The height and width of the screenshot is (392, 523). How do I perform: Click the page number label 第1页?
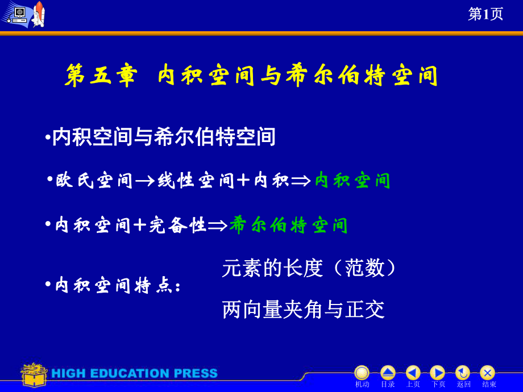point(485,14)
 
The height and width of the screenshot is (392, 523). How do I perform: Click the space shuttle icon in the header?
point(39,14)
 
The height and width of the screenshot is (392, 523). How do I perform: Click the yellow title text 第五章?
point(101,76)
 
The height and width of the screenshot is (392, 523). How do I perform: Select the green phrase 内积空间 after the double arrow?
point(352,180)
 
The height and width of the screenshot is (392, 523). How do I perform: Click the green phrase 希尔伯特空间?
point(289,225)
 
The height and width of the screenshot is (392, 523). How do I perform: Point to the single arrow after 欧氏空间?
point(145,181)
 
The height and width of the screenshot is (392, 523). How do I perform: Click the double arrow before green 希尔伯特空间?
point(218,226)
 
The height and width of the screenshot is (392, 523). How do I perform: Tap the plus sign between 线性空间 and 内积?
point(243,181)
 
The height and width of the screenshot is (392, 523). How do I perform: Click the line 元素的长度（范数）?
point(309,268)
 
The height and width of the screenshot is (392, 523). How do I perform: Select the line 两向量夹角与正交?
point(303,309)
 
